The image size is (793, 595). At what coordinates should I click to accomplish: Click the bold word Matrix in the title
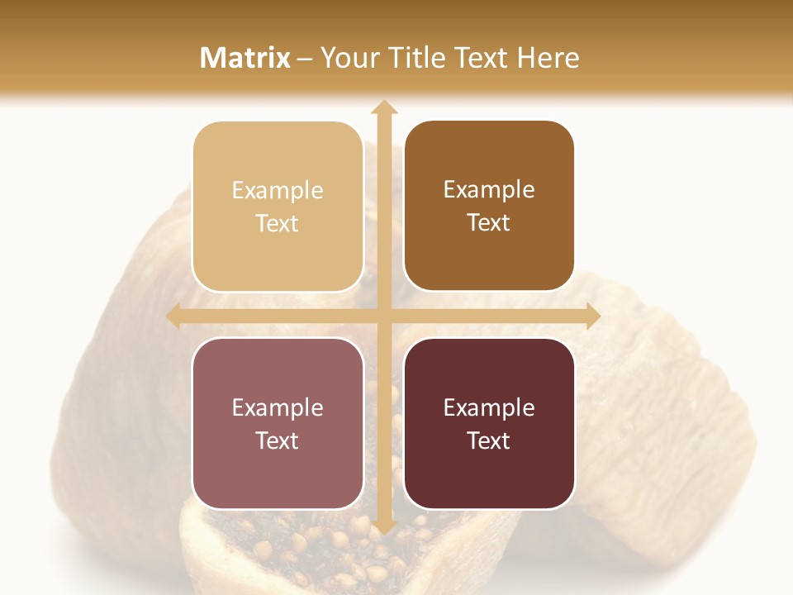click(x=245, y=58)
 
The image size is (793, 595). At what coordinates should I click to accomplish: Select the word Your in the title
click(x=347, y=58)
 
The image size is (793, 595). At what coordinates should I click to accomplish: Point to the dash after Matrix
click(x=305, y=59)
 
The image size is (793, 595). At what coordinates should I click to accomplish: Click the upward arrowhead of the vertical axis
click(x=383, y=107)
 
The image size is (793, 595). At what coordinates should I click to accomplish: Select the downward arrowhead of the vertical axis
click(x=383, y=526)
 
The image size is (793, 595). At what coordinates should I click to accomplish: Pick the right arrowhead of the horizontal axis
click(x=592, y=317)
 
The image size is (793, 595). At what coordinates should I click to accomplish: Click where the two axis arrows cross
click(x=383, y=317)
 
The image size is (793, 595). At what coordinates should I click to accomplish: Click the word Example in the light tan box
click(x=278, y=191)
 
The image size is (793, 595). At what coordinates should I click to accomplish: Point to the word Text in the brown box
click(x=489, y=223)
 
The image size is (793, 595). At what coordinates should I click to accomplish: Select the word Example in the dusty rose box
click(x=278, y=408)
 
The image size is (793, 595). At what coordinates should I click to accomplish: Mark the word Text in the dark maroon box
click(x=489, y=441)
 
